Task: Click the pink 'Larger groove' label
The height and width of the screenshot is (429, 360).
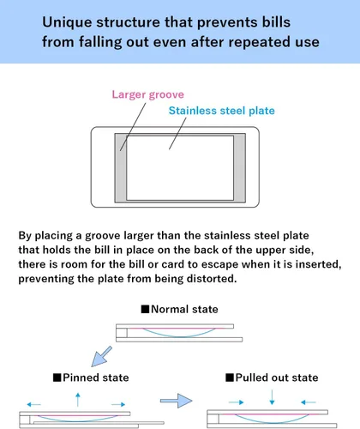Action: tap(147, 94)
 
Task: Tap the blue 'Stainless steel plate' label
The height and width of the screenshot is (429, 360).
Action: tap(221, 111)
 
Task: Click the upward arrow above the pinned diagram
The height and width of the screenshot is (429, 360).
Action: tap(78, 400)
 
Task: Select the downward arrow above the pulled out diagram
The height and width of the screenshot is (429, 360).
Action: tap(272, 397)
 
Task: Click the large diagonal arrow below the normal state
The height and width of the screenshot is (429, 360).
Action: tap(101, 357)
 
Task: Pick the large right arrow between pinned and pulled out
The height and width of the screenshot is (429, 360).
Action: tap(176, 401)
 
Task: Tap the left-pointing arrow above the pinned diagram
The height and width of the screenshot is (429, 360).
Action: tap(33, 404)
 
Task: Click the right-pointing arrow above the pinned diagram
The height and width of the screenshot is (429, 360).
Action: tap(118, 404)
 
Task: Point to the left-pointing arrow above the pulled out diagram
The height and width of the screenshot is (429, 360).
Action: tap(309, 402)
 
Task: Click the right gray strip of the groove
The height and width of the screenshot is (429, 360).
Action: tap(239, 168)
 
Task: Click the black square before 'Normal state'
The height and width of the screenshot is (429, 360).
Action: tap(145, 309)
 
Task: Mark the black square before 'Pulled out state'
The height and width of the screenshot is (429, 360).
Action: tap(230, 378)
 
